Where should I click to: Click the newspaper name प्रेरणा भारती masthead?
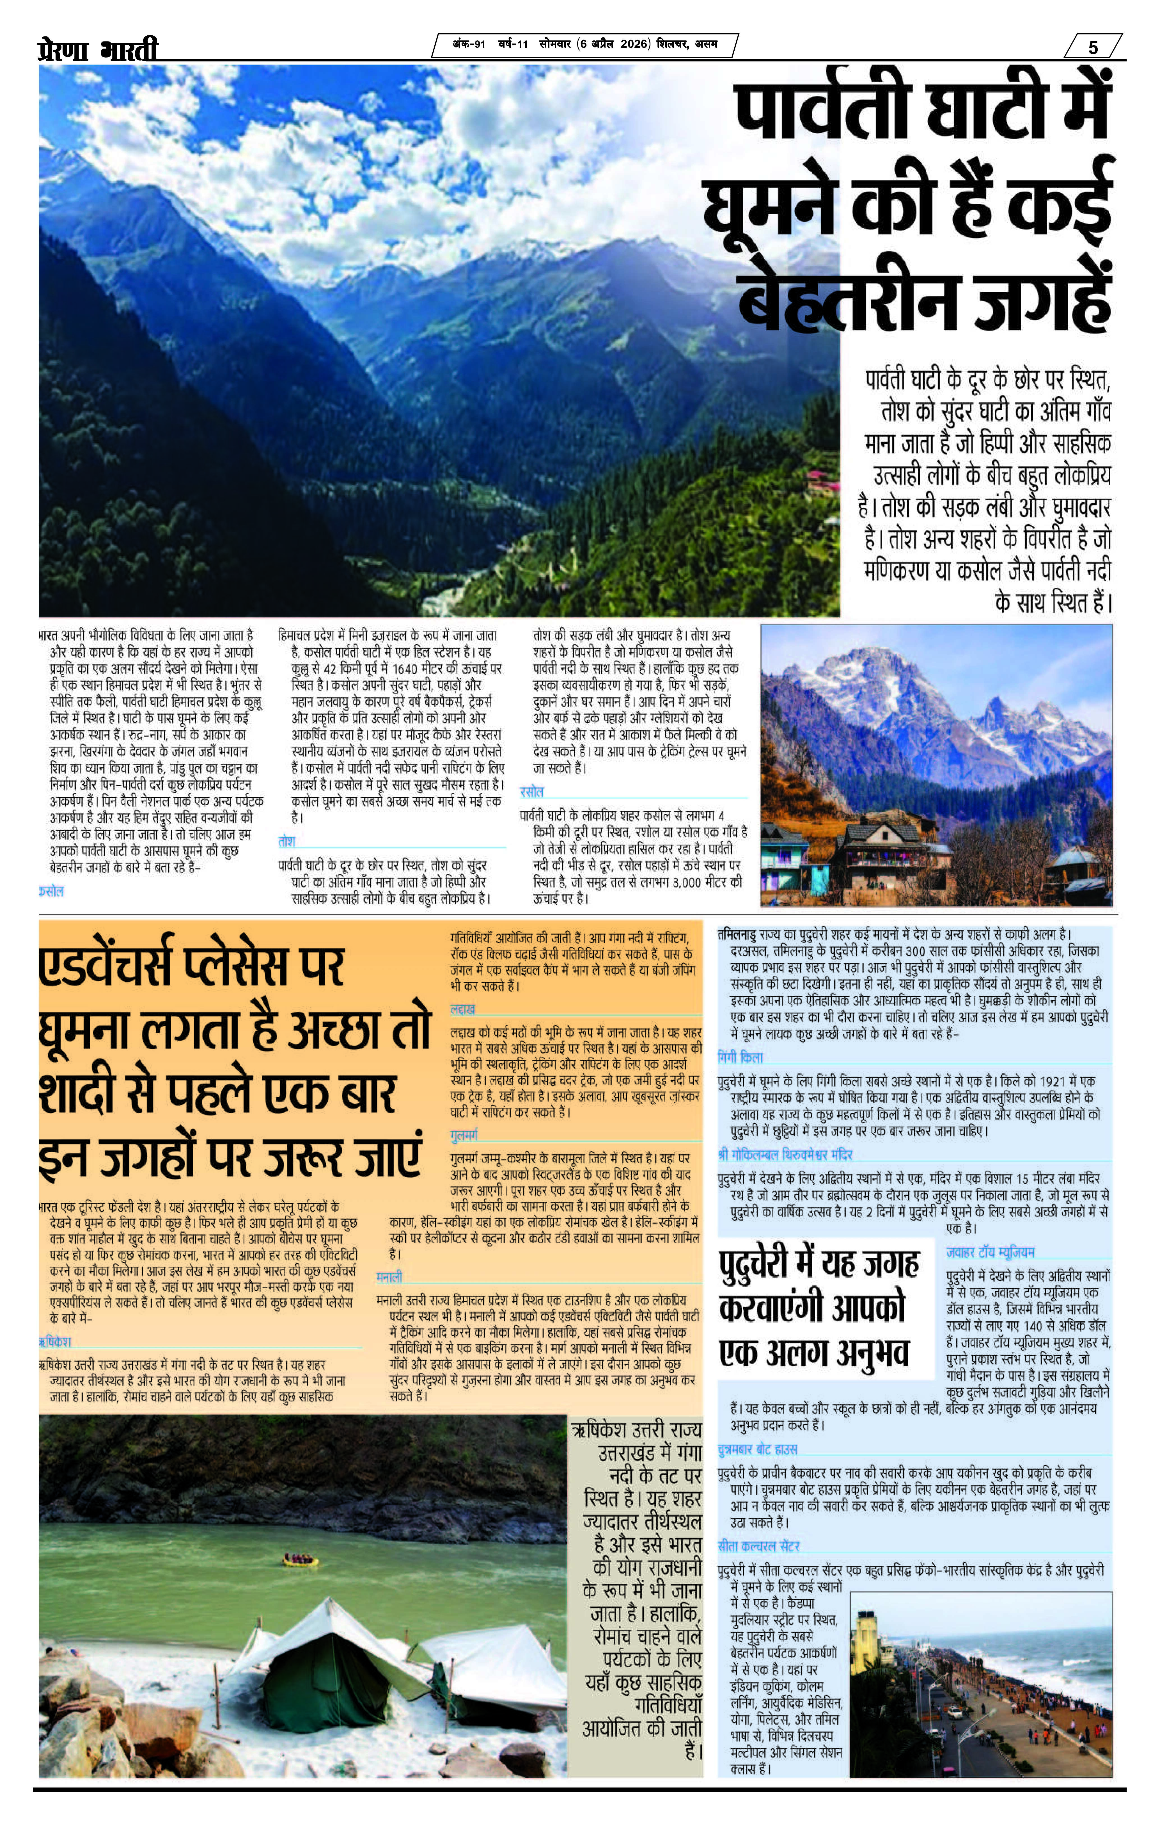[98, 50]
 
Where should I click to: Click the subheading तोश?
[286, 842]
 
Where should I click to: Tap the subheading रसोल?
[531, 792]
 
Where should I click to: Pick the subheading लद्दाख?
[462, 1010]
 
